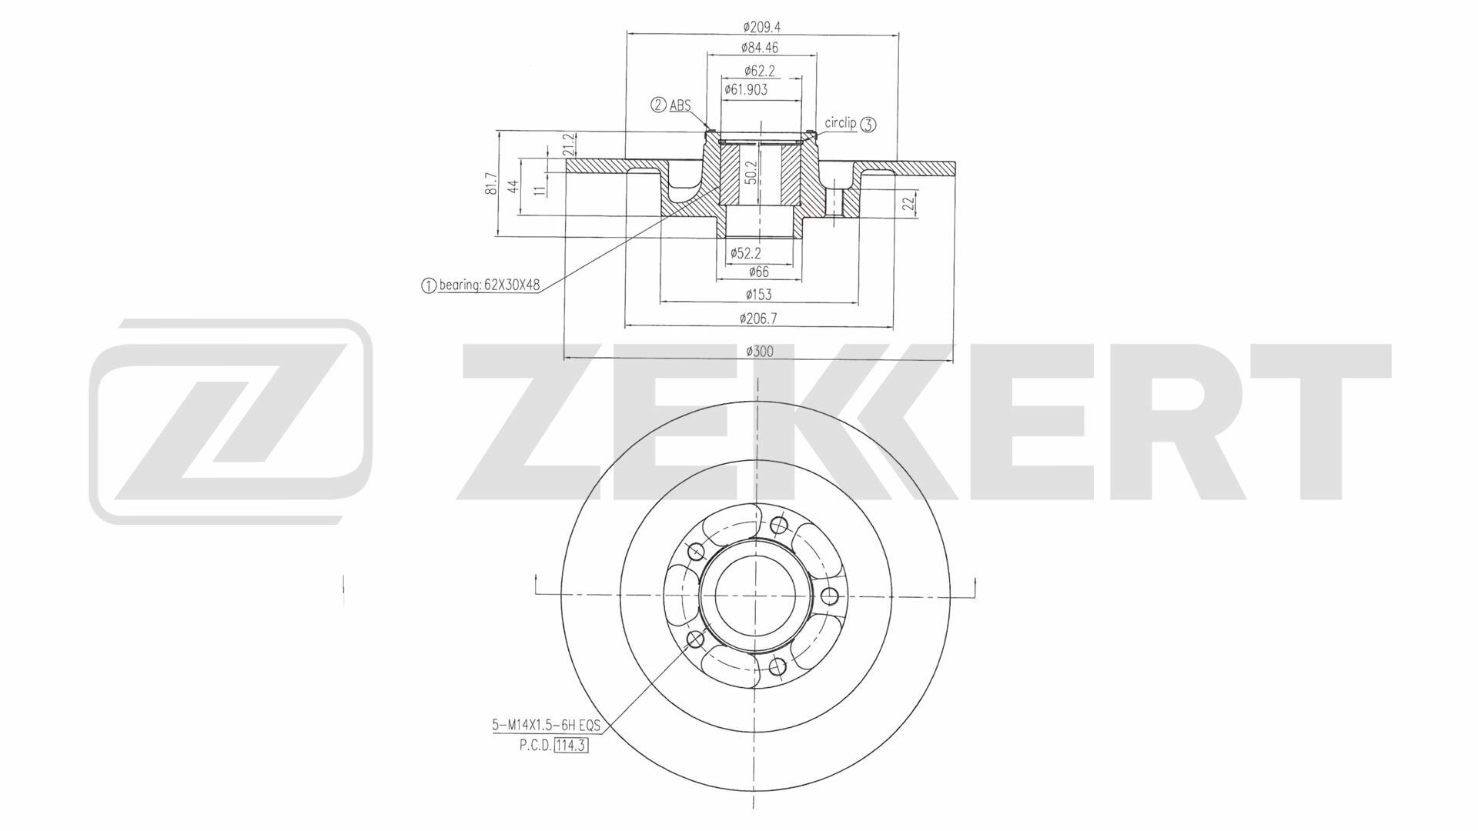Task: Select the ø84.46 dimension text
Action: pos(760,48)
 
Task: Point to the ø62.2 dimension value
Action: pos(759,71)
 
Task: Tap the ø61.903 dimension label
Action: pos(746,89)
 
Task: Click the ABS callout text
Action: pos(680,105)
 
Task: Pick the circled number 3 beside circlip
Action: pos(868,125)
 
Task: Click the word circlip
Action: pos(841,122)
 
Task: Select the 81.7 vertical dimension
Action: pos(491,184)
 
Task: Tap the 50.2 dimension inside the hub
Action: pos(751,172)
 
